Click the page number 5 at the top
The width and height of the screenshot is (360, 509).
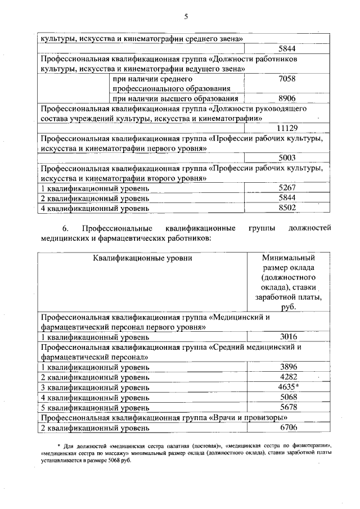click(x=185, y=16)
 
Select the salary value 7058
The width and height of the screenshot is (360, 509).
click(x=287, y=79)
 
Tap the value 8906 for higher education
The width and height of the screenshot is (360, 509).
click(x=287, y=98)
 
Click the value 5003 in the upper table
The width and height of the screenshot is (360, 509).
click(x=287, y=158)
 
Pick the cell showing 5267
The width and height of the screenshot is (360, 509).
click(x=287, y=188)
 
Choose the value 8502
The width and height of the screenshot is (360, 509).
click(x=287, y=208)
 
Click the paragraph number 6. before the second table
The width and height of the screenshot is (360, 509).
click(x=65, y=228)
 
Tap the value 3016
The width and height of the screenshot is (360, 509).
click(x=288, y=337)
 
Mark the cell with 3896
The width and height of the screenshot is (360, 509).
click(x=288, y=367)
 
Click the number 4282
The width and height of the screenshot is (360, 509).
click(x=288, y=377)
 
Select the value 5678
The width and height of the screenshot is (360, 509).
click(x=288, y=407)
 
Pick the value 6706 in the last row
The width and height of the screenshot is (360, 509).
click(x=288, y=427)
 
